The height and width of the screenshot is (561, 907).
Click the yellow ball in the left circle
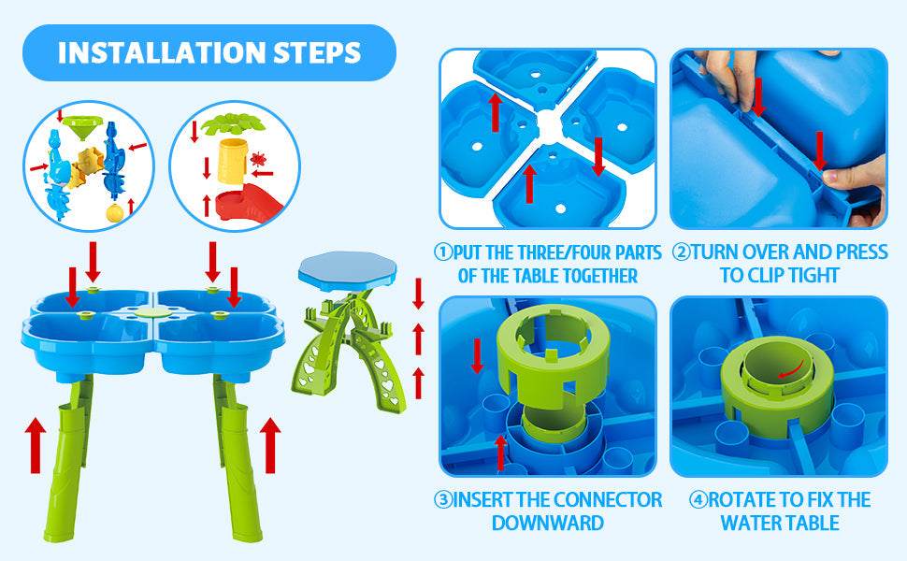pyautogui.click(x=115, y=212)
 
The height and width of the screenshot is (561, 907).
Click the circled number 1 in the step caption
pyautogui.click(x=442, y=252)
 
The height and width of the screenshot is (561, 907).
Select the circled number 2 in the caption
pyautogui.click(x=682, y=252)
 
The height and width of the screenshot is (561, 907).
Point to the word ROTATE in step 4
pyautogui.click(x=744, y=499)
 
